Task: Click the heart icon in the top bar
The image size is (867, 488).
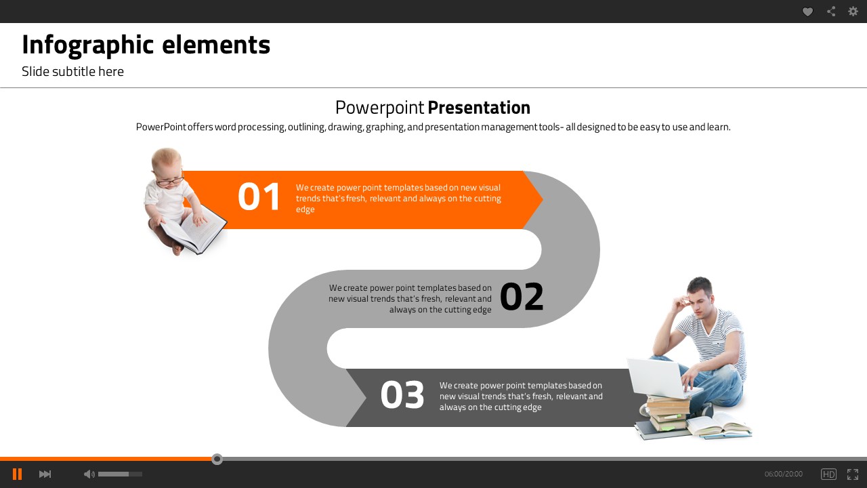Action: [807, 12]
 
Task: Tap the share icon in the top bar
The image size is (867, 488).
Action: [830, 12]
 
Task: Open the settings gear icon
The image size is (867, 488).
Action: [853, 12]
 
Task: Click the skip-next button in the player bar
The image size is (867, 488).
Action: [45, 474]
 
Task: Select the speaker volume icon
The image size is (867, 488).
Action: [89, 474]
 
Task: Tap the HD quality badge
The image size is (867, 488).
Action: [828, 474]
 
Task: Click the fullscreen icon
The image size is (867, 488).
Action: [853, 474]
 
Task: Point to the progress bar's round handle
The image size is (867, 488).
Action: [217, 460]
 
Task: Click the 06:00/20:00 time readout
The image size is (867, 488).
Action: [784, 474]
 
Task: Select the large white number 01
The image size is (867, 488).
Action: [259, 197]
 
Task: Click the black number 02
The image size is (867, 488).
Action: [522, 297]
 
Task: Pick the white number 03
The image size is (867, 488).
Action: [402, 394]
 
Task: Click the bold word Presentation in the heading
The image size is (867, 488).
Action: [479, 108]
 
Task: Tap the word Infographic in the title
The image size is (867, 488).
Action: [88, 45]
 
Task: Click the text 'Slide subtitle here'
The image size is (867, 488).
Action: [72, 72]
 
